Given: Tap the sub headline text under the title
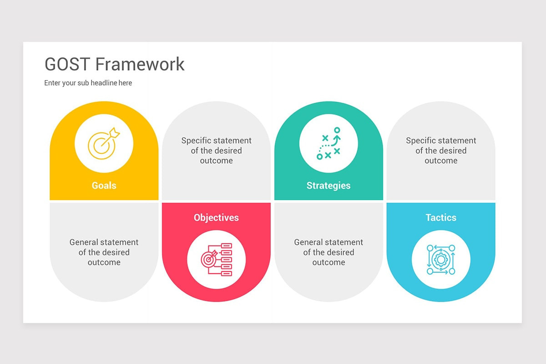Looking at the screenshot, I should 88,83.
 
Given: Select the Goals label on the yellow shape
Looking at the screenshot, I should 104,186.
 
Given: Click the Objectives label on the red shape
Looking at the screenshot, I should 216,217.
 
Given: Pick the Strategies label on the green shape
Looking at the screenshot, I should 329,186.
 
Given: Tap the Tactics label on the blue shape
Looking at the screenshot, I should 441,217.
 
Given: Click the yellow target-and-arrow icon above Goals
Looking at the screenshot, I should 104,143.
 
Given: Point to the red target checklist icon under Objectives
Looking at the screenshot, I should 216,259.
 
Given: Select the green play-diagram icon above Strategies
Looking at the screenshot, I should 329,143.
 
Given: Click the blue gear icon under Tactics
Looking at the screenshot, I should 441,259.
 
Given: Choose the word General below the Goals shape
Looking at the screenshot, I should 85,242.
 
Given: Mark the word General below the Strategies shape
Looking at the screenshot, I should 309,242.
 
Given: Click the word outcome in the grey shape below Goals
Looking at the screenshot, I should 104,263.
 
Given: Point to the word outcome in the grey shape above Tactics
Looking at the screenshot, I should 441,161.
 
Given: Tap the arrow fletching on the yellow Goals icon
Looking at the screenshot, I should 116,133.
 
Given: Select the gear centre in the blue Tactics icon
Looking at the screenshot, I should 440,260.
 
